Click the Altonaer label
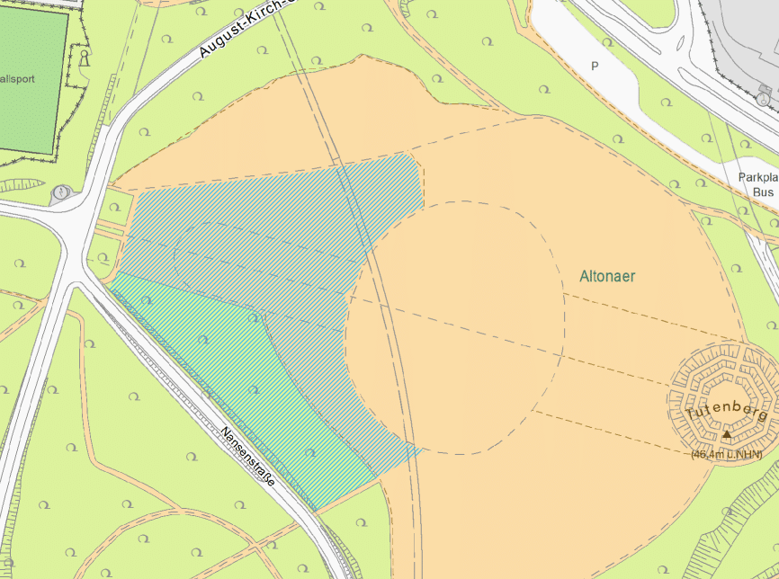click(x=607, y=276)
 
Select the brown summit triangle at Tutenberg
click(x=726, y=434)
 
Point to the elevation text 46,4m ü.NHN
click(x=726, y=455)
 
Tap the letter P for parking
click(x=594, y=66)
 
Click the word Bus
click(x=763, y=192)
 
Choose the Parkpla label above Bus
click(x=757, y=177)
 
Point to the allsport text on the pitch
click(x=18, y=79)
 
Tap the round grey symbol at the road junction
click(x=61, y=192)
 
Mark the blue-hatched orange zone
click(x=270, y=234)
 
